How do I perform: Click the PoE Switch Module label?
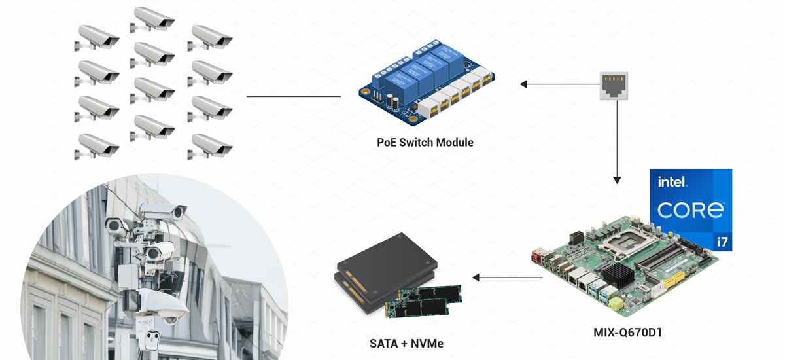(425, 142)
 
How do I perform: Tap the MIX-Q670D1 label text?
(627, 333)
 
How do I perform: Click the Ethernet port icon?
(614, 86)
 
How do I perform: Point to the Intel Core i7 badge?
(690, 209)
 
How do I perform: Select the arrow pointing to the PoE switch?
(556, 84)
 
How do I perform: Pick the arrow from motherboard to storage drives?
(507, 278)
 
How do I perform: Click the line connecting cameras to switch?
(294, 97)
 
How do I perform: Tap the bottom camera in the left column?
(99, 145)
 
